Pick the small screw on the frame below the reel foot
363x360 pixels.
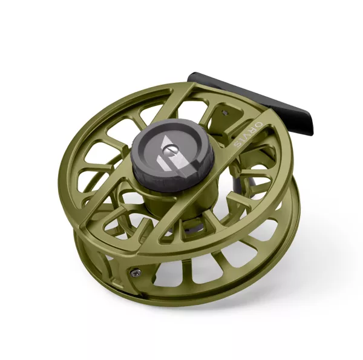click(226, 113)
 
